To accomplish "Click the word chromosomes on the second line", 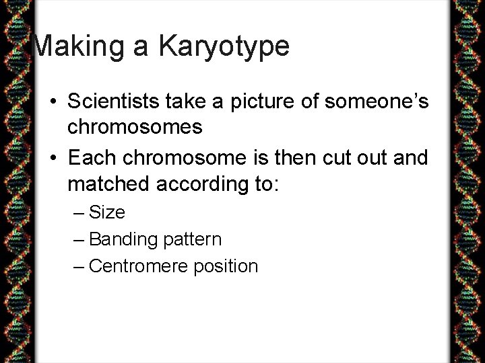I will pyautogui.click(x=135, y=126).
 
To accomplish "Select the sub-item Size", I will pyautogui.click(x=107, y=212).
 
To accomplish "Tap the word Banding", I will pyautogui.click(x=119, y=239).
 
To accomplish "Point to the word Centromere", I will pyautogui.click(x=138, y=266).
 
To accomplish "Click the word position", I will pyautogui.click(x=225, y=266).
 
